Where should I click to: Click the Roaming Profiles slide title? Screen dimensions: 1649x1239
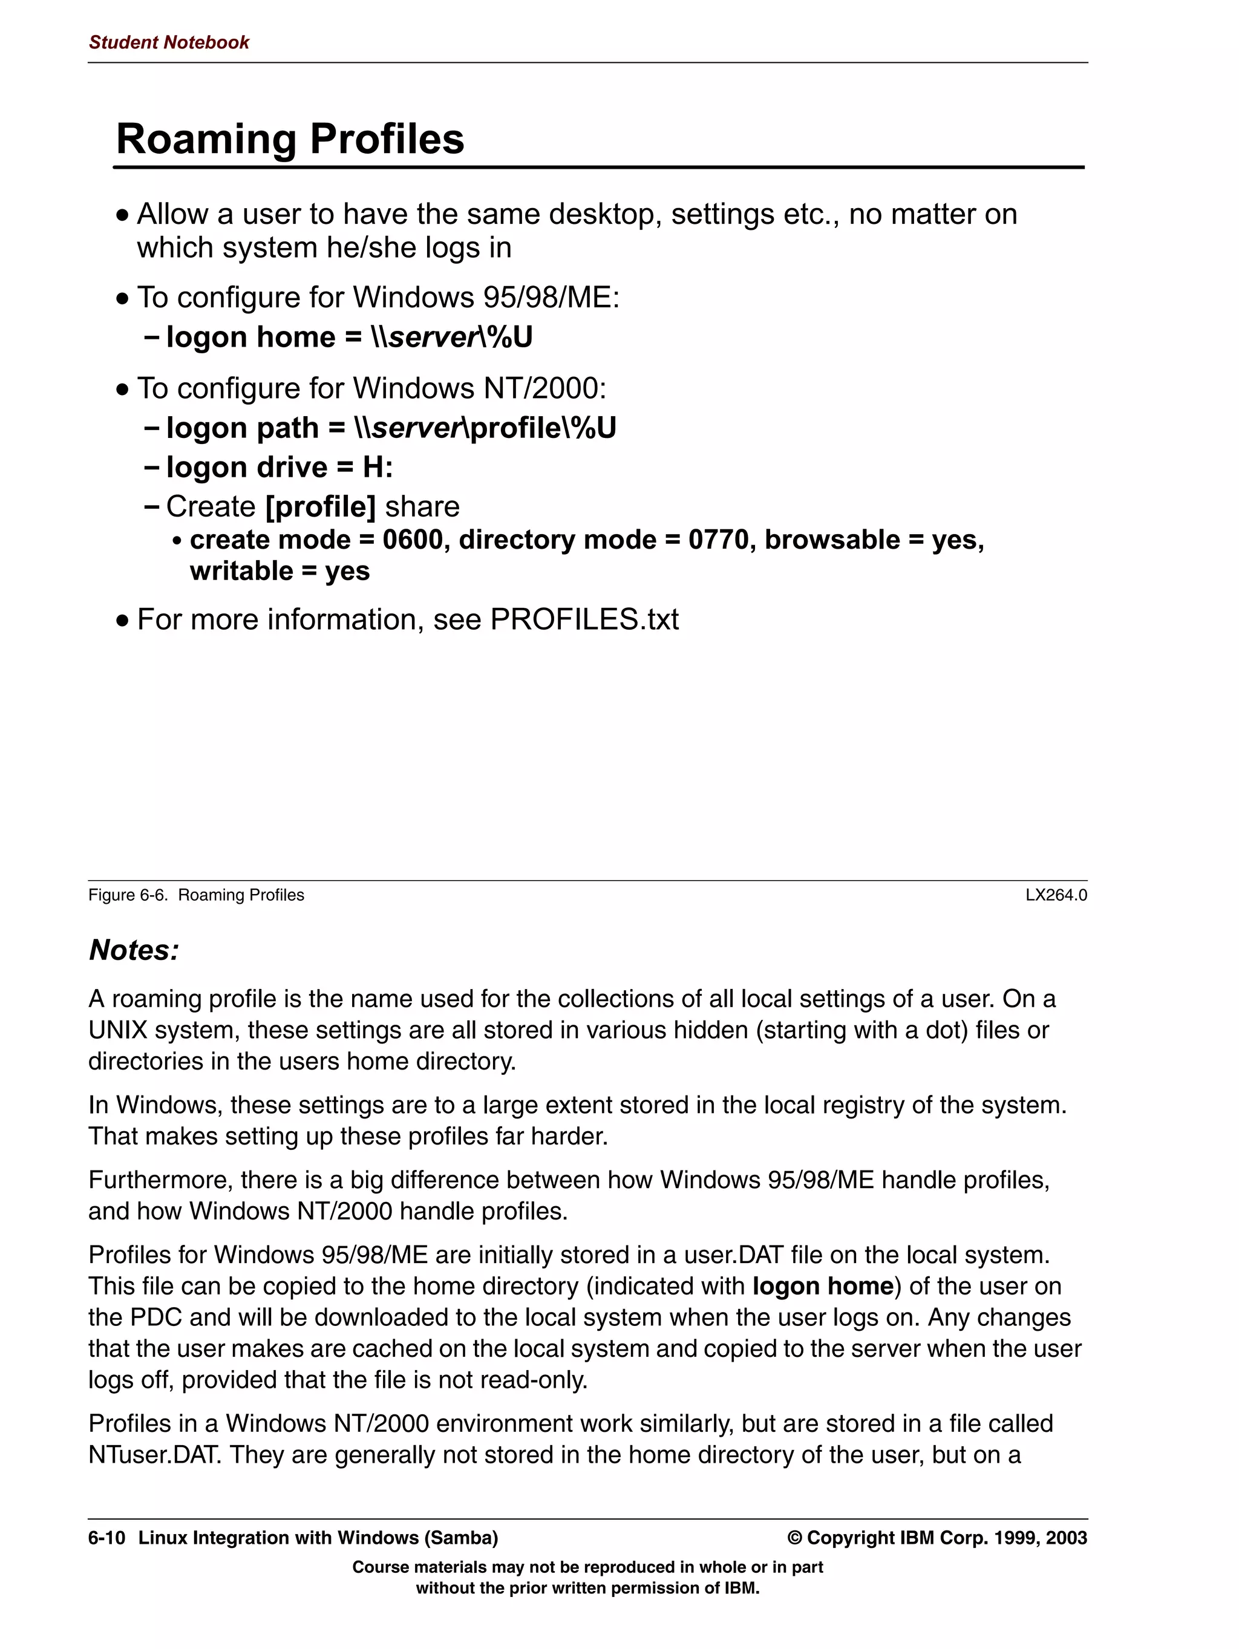click(290, 139)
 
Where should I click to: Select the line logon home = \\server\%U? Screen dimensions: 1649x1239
click(349, 337)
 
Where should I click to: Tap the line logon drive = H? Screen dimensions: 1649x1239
click(279, 468)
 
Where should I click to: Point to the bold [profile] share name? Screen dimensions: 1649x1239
click(321, 507)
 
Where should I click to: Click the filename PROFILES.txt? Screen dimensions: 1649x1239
click(584, 619)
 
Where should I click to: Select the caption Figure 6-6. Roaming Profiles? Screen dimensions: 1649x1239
click(196, 895)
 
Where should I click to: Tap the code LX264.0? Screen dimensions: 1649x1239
click(1056, 895)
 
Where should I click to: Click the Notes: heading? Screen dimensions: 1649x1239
click(134, 950)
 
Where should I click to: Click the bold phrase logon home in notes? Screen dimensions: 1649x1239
click(822, 1286)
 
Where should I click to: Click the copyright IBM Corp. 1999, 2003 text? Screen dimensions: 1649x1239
click(937, 1538)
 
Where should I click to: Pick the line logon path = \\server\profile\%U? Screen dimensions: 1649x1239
click(391, 428)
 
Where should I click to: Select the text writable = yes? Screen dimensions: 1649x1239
click(280, 571)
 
